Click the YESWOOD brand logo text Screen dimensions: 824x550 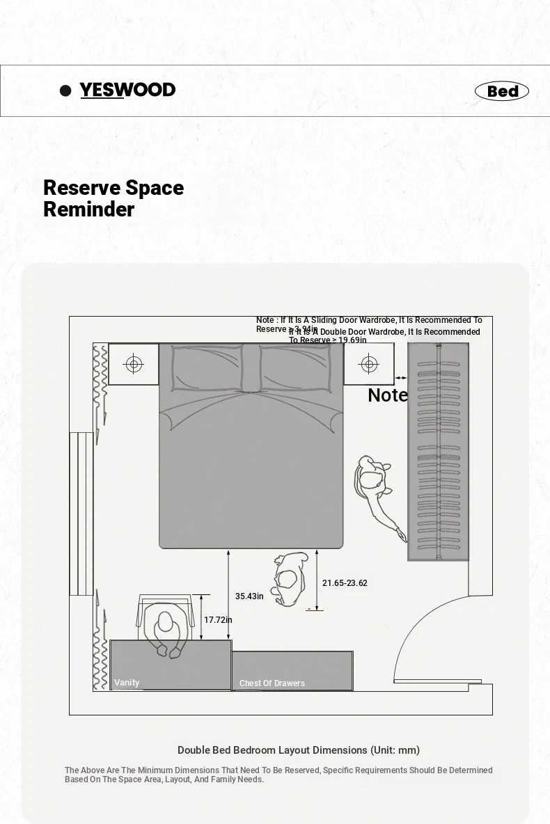tap(127, 90)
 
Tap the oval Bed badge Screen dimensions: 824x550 tap(502, 91)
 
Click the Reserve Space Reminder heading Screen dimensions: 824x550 tap(113, 198)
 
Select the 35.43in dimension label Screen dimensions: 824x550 tap(249, 596)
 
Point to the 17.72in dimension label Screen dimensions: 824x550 tap(218, 620)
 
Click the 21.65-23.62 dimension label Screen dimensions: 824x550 tap(345, 583)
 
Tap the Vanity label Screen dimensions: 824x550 tap(127, 683)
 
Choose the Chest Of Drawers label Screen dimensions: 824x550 tap(272, 683)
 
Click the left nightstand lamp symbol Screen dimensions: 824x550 tap(134, 364)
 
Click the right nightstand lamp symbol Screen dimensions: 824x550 tap(369, 364)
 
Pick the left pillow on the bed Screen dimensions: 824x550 tap(207, 368)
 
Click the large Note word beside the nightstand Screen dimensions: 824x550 tap(388, 395)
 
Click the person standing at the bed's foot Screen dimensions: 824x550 tap(290, 578)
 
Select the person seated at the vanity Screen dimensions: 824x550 tap(166, 631)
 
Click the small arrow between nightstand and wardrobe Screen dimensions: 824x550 tap(401, 378)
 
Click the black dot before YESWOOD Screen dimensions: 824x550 tap(66, 90)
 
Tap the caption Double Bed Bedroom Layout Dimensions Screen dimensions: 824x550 tap(299, 750)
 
